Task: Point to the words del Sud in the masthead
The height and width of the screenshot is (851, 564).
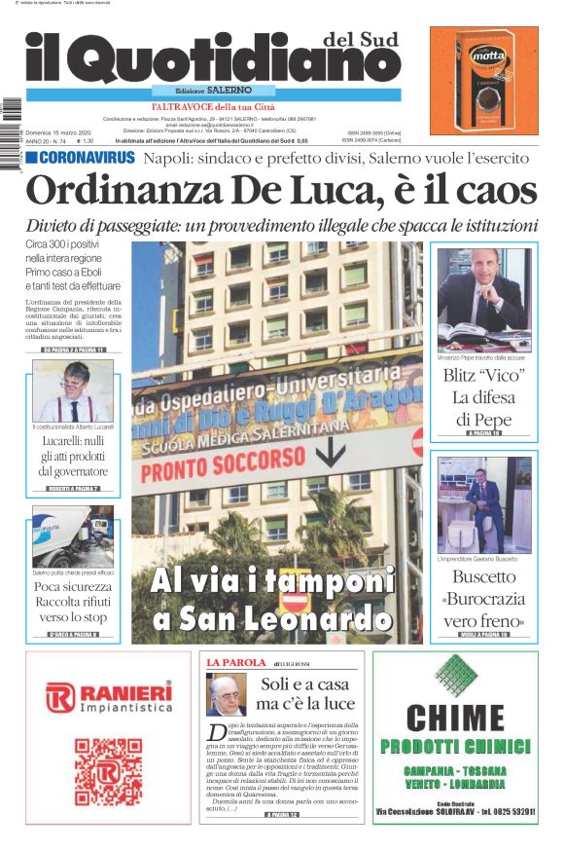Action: point(366,39)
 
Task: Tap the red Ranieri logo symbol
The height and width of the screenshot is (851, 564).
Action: point(60,696)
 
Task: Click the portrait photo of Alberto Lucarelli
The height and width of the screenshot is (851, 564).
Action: point(73,390)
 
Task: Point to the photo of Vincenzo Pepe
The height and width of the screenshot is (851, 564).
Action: point(483,299)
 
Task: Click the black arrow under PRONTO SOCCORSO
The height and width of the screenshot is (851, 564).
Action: point(333,454)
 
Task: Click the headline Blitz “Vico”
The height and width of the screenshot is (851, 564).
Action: point(483,375)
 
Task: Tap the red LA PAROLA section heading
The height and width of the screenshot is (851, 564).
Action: point(235,662)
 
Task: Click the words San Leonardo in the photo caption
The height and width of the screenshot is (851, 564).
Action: point(281,617)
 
